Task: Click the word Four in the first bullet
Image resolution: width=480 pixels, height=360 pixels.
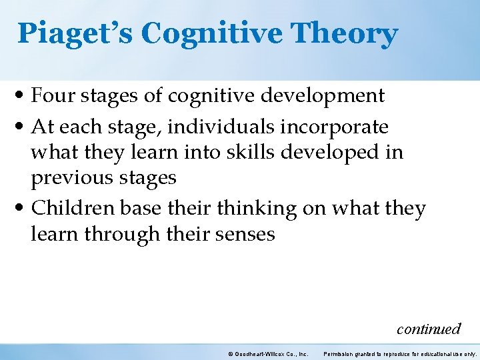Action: (x=53, y=96)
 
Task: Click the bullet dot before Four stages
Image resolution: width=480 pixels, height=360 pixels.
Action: (x=23, y=97)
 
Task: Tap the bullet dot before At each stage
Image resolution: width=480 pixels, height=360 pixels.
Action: (x=23, y=127)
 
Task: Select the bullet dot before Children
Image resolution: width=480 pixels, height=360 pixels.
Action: (x=23, y=209)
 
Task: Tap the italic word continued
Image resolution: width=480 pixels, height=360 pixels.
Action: (x=428, y=329)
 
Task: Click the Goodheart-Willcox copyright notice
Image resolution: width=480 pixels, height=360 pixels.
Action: (x=267, y=353)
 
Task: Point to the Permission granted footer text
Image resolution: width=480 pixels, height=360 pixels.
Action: (x=399, y=353)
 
